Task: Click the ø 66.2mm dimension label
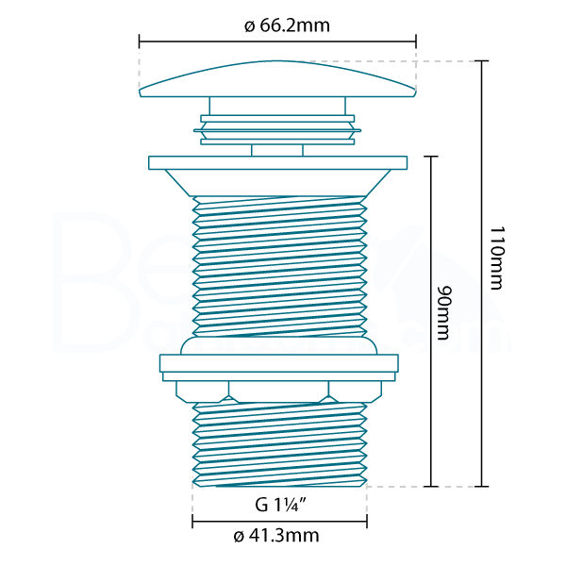[287, 25]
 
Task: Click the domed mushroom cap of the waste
[277, 78]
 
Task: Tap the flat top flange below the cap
[278, 162]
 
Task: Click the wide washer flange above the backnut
[278, 362]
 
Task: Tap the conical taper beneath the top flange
[278, 182]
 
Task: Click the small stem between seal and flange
[277, 150]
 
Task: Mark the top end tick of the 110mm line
[482, 61]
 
